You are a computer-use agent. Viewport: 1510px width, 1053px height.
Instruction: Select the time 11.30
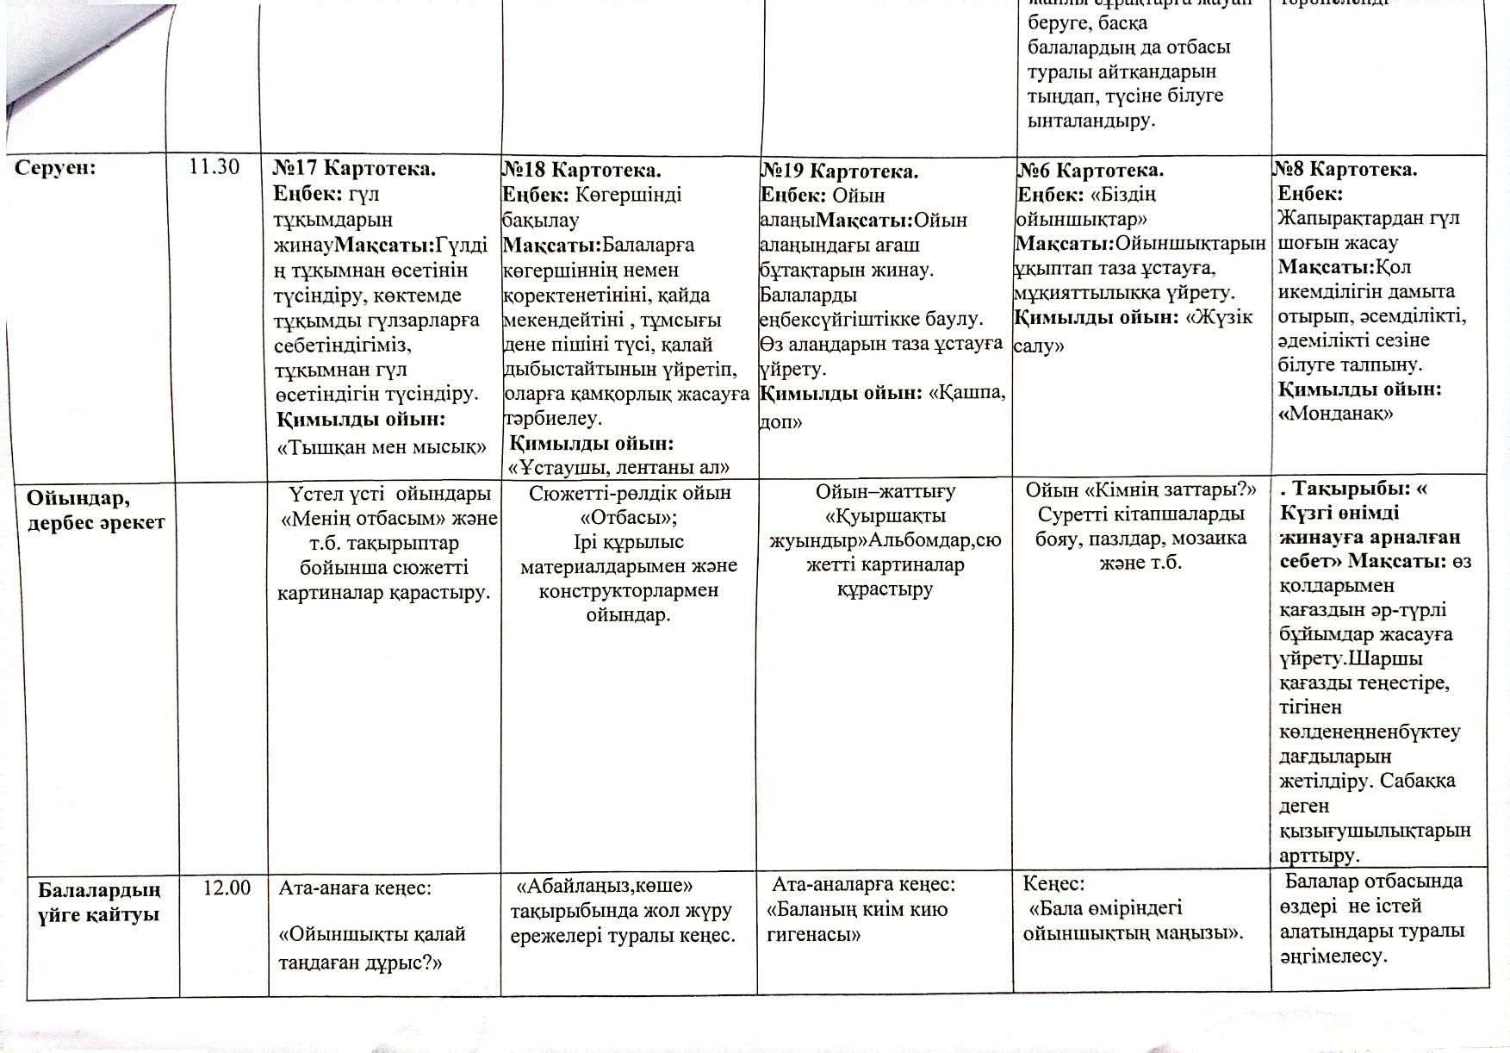(214, 167)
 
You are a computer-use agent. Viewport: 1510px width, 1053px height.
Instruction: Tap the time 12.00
(227, 888)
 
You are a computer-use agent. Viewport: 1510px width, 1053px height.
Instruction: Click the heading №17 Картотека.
(354, 169)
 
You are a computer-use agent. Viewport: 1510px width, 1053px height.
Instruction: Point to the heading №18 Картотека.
(581, 170)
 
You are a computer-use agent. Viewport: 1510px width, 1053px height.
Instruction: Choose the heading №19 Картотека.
(839, 171)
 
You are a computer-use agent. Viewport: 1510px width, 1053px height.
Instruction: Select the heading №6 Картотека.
(1091, 170)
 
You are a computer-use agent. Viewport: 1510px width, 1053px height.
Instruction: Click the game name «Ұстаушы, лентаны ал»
(619, 468)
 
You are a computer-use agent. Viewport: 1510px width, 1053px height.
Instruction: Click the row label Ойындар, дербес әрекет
(95, 510)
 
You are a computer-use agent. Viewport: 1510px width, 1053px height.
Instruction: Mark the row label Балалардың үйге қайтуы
(99, 901)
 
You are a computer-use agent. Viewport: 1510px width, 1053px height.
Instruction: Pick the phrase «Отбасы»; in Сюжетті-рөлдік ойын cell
(629, 518)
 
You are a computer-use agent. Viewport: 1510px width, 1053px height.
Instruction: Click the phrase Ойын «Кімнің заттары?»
(1140, 490)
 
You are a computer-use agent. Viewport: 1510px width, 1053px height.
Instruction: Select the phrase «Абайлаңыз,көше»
(604, 886)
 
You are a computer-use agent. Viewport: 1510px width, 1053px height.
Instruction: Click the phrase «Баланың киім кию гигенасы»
(857, 922)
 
